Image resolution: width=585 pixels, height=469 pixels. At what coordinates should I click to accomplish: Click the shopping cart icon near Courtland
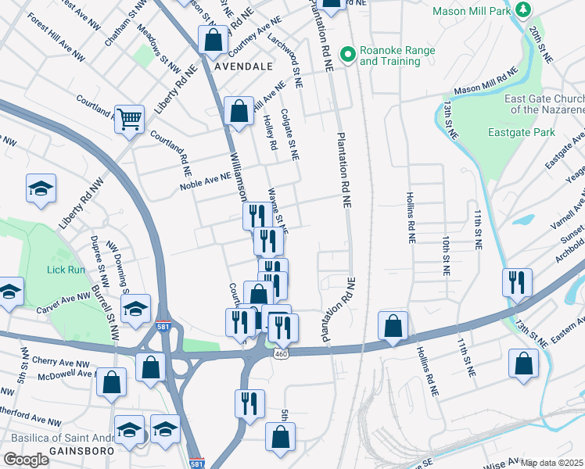(x=130, y=119)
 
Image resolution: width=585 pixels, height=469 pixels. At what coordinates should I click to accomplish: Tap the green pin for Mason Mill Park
(x=529, y=10)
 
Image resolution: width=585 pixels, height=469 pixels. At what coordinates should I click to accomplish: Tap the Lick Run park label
(x=65, y=268)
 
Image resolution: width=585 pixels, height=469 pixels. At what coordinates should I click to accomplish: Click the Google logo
(x=26, y=460)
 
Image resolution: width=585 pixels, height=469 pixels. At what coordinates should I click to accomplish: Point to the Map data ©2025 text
(x=552, y=463)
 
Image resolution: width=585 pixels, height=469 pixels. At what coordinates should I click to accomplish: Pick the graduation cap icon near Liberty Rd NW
(x=41, y=188)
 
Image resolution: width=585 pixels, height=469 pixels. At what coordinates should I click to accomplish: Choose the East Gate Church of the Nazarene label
(x=544, y=104)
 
